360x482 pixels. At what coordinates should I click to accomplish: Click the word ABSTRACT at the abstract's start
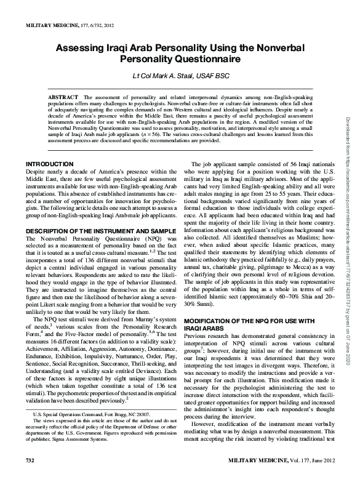click(x=63, y=97)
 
